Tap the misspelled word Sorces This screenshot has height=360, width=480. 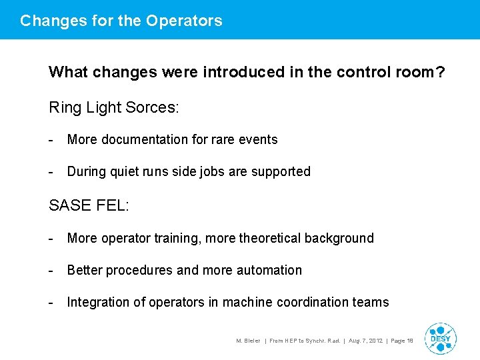pos(154,107)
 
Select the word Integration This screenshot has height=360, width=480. pos(98,302)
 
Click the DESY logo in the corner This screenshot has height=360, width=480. pos(440,339)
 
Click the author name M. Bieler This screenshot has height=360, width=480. pos(248,341)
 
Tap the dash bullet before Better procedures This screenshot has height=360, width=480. pos(51,270)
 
